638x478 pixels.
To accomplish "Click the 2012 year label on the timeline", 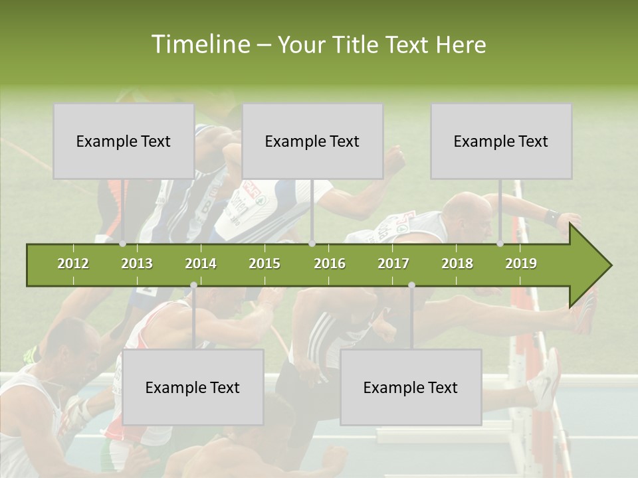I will click(73, 264).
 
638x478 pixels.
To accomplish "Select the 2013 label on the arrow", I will click(137, 264).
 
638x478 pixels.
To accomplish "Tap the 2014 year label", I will click(201, 264).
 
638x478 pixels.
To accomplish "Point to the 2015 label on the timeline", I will click(265, 264).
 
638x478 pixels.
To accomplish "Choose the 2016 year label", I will click(330, 264).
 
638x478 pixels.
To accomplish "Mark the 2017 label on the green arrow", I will click(393, 264).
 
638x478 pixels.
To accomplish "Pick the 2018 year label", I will click(457, 264).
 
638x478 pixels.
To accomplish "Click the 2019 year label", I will click(521, 264).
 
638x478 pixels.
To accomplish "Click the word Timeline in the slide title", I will click(199, 44).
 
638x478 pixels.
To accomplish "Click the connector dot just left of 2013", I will click(122, 244).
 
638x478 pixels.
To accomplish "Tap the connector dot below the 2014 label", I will click(193, 285).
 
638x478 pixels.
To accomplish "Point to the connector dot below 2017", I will click(411, 285).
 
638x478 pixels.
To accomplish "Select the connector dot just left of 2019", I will click(500, 244).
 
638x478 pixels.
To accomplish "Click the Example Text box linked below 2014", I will click(193, 387).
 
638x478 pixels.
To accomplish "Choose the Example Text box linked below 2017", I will click(411, 387).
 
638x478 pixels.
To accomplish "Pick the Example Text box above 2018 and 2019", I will click(501, 141).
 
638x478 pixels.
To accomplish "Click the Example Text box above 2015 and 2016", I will click(312, 141).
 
